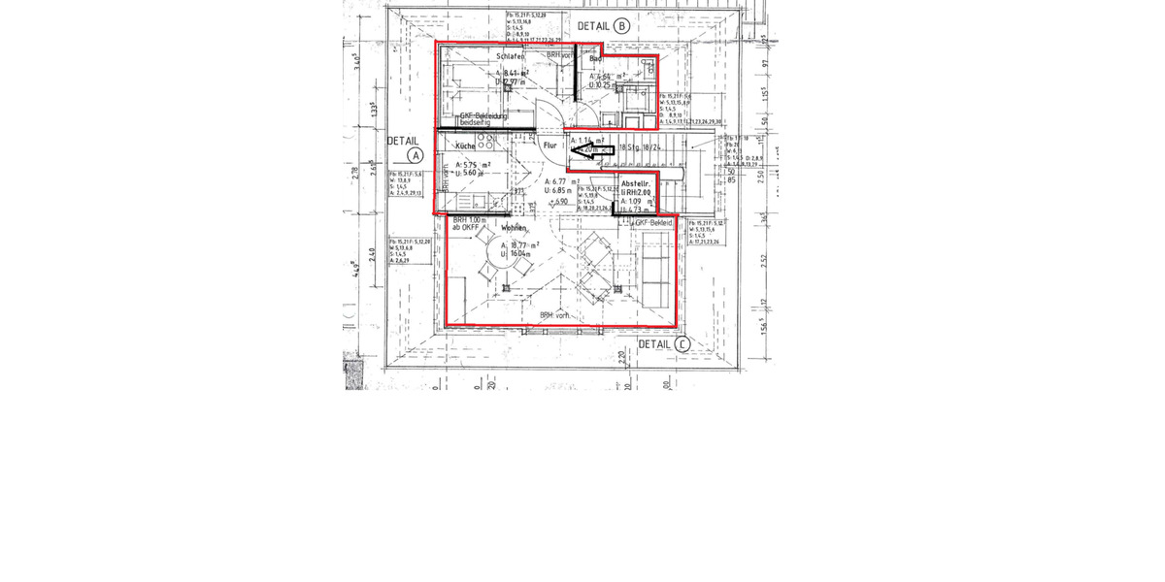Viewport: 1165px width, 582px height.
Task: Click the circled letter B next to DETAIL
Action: tap(622, 26)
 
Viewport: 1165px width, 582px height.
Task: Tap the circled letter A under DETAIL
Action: tap(415, 155)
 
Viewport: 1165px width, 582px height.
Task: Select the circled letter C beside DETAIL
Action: tap(682, 344)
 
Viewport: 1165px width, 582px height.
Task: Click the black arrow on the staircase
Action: tap(591, 150)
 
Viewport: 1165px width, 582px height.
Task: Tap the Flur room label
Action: tap(550, 145)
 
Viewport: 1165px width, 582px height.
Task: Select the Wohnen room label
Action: tap(514, 228)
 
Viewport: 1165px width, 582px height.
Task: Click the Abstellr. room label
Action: tap(636, 183)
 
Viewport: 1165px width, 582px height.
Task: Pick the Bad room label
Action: tap(596, 59)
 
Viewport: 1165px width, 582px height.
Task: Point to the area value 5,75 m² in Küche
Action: tap(472, 165)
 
